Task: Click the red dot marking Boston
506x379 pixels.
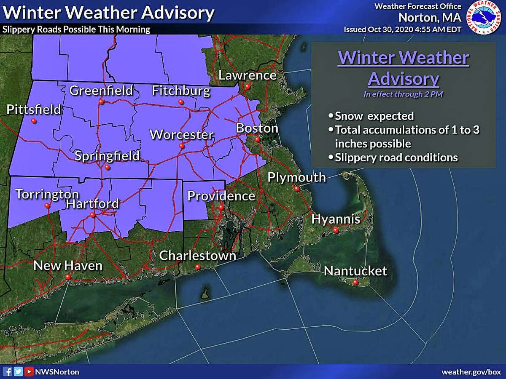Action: click(x=257, y=139)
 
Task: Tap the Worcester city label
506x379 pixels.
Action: click(x=182, y=135)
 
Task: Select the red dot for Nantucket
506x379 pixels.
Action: click(x=355, y=283)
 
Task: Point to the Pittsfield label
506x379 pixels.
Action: click(x=34, y=110)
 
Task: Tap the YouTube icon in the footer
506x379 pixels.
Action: click(x=28, y=372)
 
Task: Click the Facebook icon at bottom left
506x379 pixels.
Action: click(x=7, y=372)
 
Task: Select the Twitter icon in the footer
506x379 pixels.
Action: click(x=18, y=372)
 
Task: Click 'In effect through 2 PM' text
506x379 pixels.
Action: click(x=403, y=94)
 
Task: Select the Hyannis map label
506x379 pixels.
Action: click(x=336, y=219)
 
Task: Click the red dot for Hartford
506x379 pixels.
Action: click(x=92, y=215)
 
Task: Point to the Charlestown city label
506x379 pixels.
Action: click(x=197, y=255)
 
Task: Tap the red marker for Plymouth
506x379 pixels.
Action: click(x=296, y=188)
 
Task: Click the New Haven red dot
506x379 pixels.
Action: click(x=67, y=277)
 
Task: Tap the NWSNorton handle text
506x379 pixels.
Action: click(x=57, y=372)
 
